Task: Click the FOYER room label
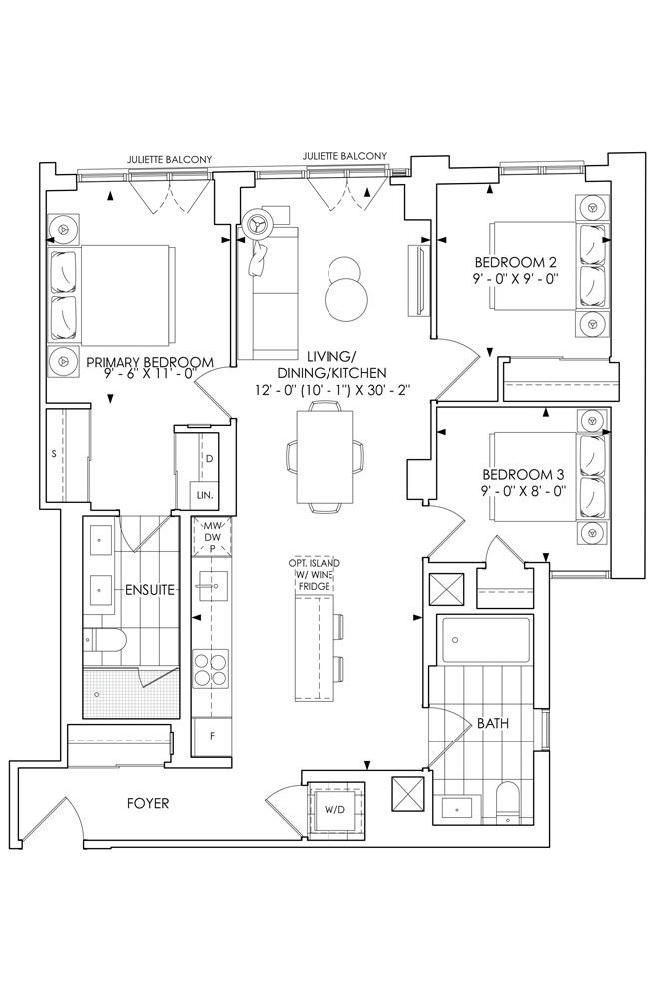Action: [148, 803]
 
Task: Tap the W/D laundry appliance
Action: [335, 809]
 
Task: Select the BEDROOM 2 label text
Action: [516, 262]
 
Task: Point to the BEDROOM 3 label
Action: [523, 474]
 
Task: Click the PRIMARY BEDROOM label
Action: [150, 363]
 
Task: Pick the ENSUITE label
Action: [149, 591]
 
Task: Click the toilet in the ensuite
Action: [105, 640]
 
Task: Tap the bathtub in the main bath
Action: [484, 640]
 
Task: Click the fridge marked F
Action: [212, 736]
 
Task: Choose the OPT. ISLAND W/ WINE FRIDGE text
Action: [314, 574]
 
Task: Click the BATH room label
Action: [493, 724]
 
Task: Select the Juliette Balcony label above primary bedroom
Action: [170, 160]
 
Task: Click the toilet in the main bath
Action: [507, 802]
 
